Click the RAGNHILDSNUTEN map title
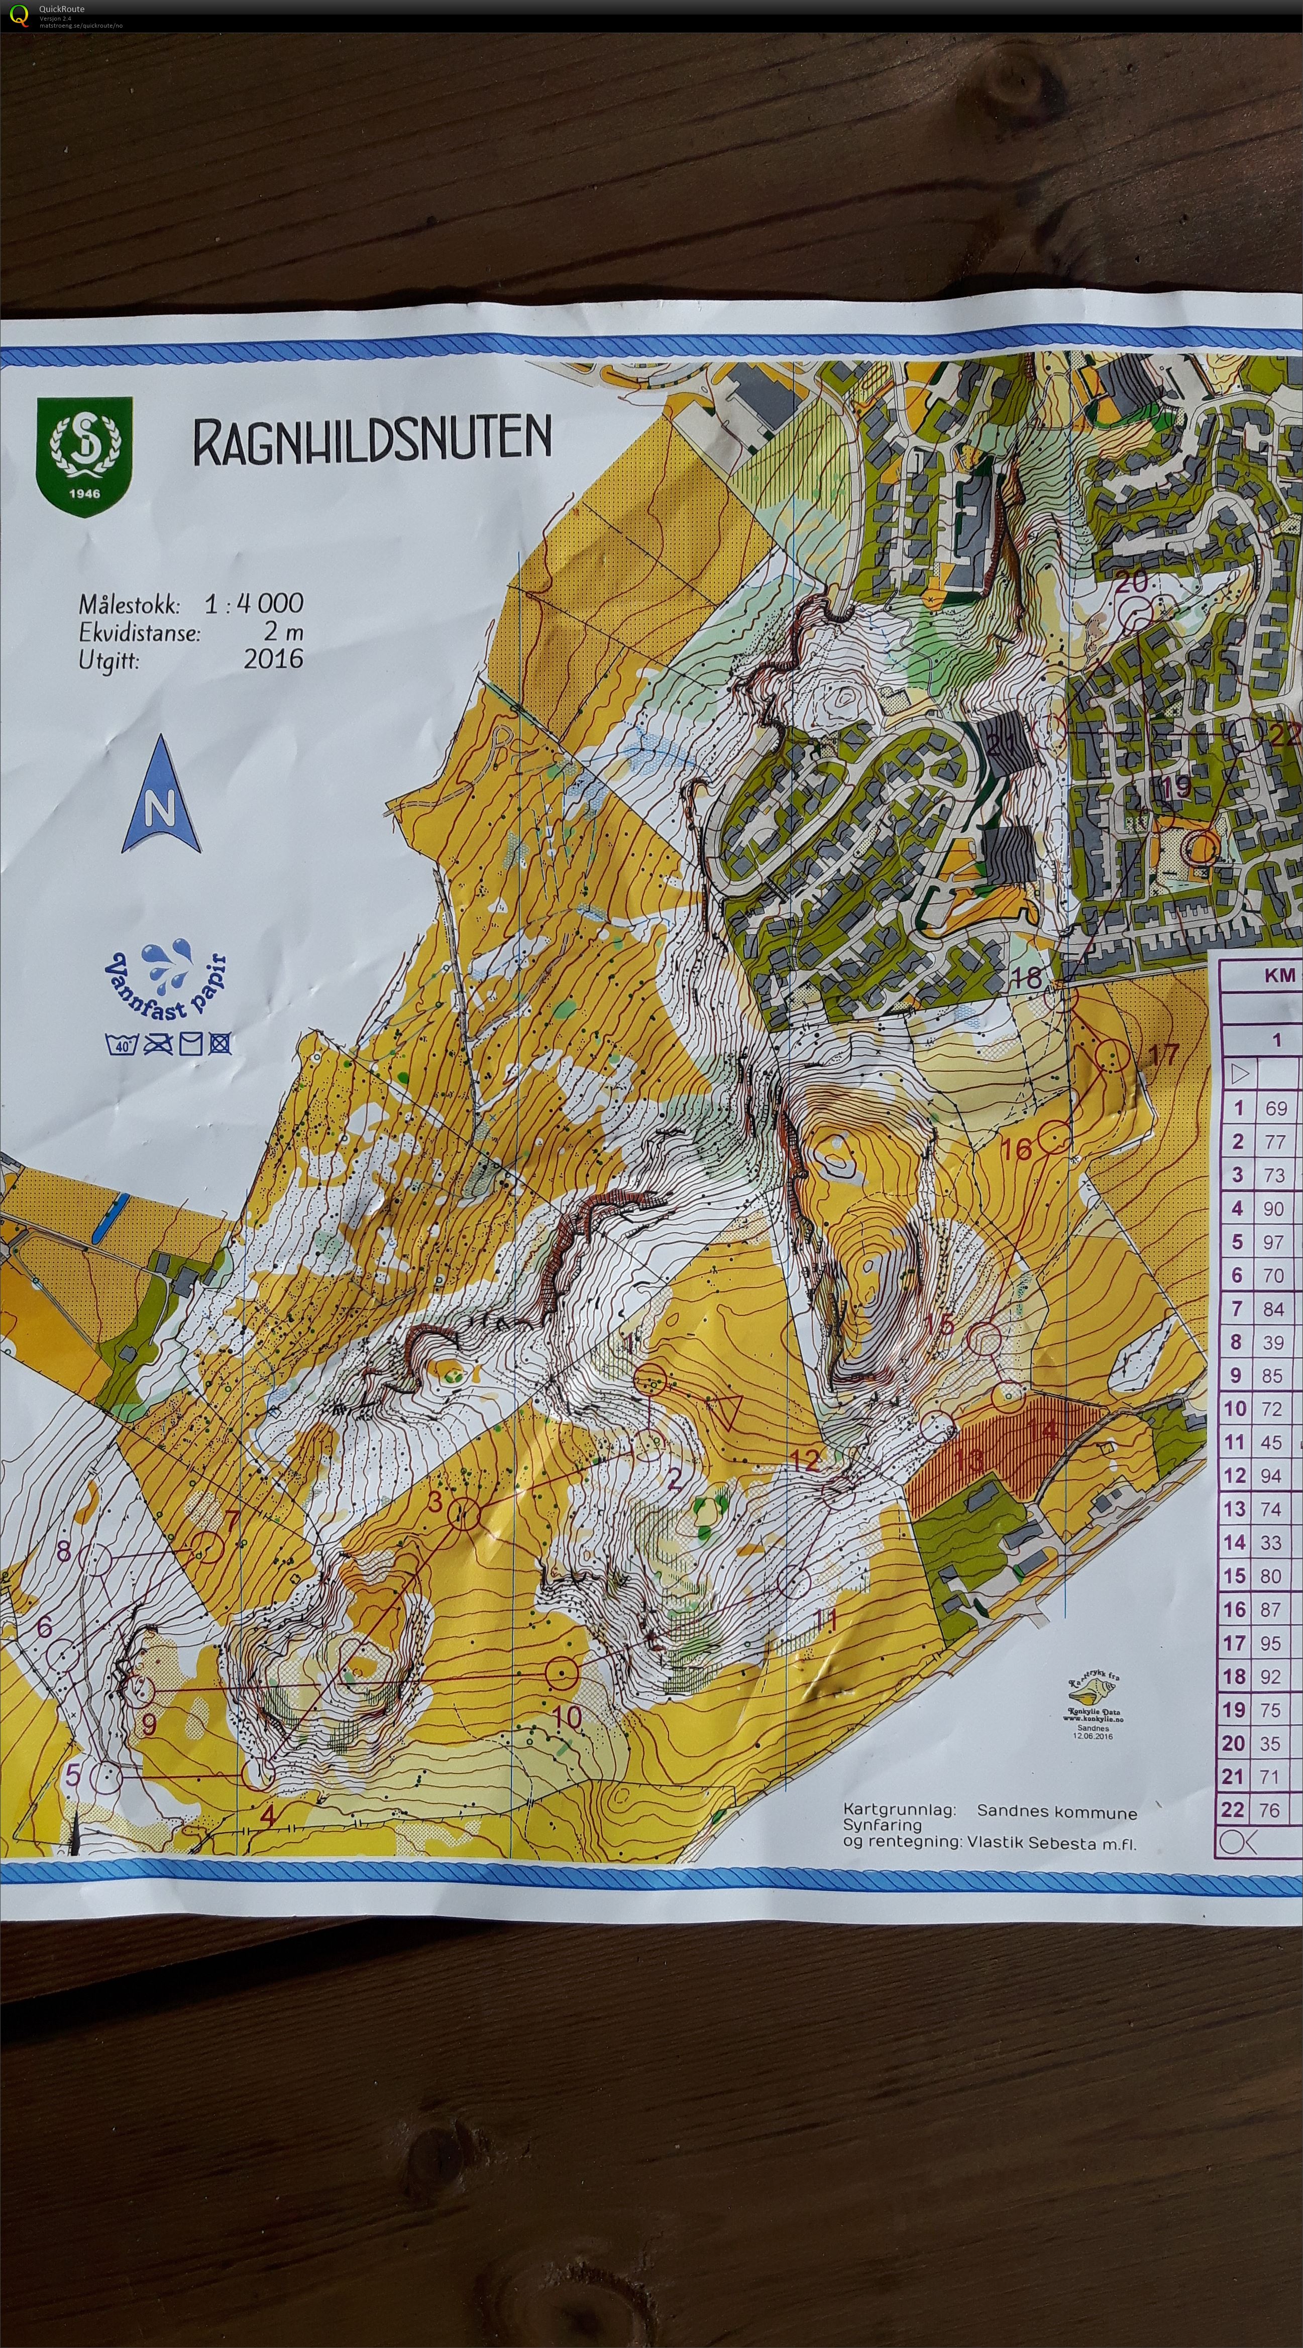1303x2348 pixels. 372,440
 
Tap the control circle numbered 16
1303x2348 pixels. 1054,1138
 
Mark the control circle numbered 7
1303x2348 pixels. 208,1547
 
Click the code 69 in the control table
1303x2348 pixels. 1276,1108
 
